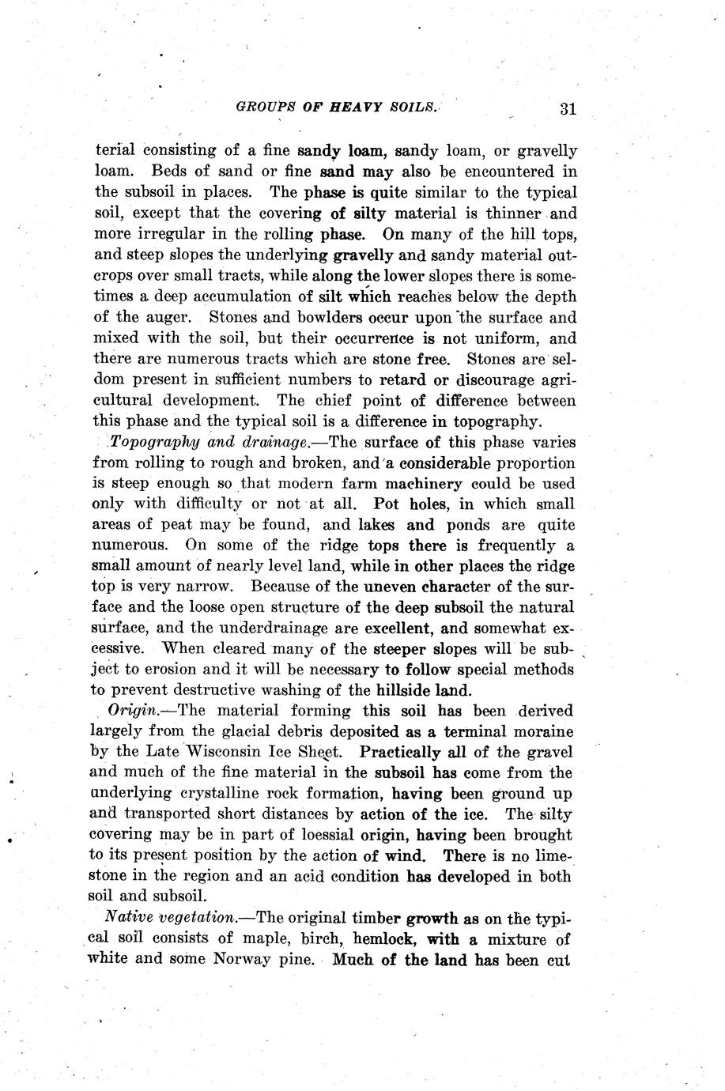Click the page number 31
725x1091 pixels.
click(x=567, y=109)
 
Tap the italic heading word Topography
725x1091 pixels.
click(x=145, y=443)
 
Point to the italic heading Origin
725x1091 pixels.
click(x=131, y=711)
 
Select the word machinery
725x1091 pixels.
click(x=426, y=483)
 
